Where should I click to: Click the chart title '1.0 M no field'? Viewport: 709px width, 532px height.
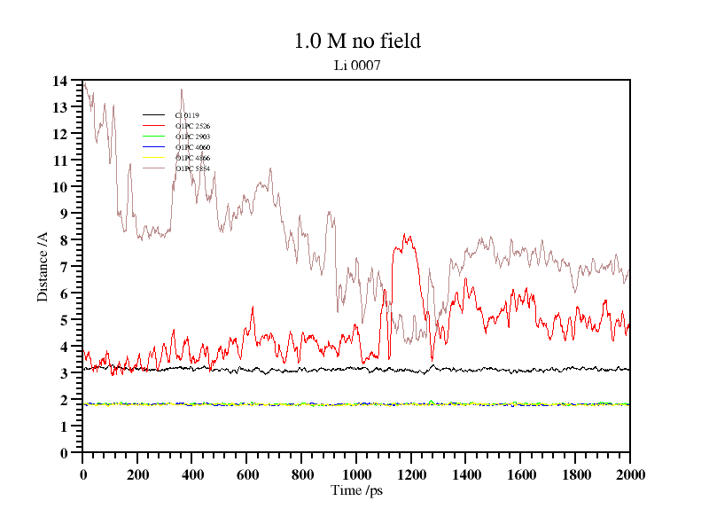coord(356,41)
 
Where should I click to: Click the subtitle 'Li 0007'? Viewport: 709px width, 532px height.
coord(356,65)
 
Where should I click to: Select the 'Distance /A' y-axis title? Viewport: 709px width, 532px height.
coord(43,267)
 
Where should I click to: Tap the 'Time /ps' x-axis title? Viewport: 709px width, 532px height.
coord(356,489)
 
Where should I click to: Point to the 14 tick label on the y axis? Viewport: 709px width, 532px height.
coord(60,81)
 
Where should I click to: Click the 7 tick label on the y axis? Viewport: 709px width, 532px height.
coord(64,267)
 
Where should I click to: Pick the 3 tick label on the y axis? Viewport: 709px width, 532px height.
coord(64,373)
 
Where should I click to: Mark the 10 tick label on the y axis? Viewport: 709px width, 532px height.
coord(60,187)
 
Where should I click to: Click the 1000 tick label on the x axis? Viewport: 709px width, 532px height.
coord(356,474)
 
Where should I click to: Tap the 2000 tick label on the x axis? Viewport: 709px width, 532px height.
coord(629,474)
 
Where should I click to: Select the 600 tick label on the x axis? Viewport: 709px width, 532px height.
coord(246,474)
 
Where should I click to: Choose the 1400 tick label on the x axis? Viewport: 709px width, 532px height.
coord(465,474)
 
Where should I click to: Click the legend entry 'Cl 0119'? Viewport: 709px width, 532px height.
coord(187,115)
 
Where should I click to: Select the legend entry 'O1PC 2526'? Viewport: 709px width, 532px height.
coord(192,126)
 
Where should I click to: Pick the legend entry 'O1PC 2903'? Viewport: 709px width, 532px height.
coord(192,137)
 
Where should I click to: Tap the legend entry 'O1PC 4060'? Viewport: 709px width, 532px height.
coord(192,147)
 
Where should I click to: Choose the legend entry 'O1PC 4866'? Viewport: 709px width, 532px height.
coord(192,158)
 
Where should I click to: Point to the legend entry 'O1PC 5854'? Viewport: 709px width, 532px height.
coord(192,168)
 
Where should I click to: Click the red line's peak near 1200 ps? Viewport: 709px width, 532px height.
coord(405,235)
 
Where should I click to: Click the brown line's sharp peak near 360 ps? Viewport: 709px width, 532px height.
coord(182,89)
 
